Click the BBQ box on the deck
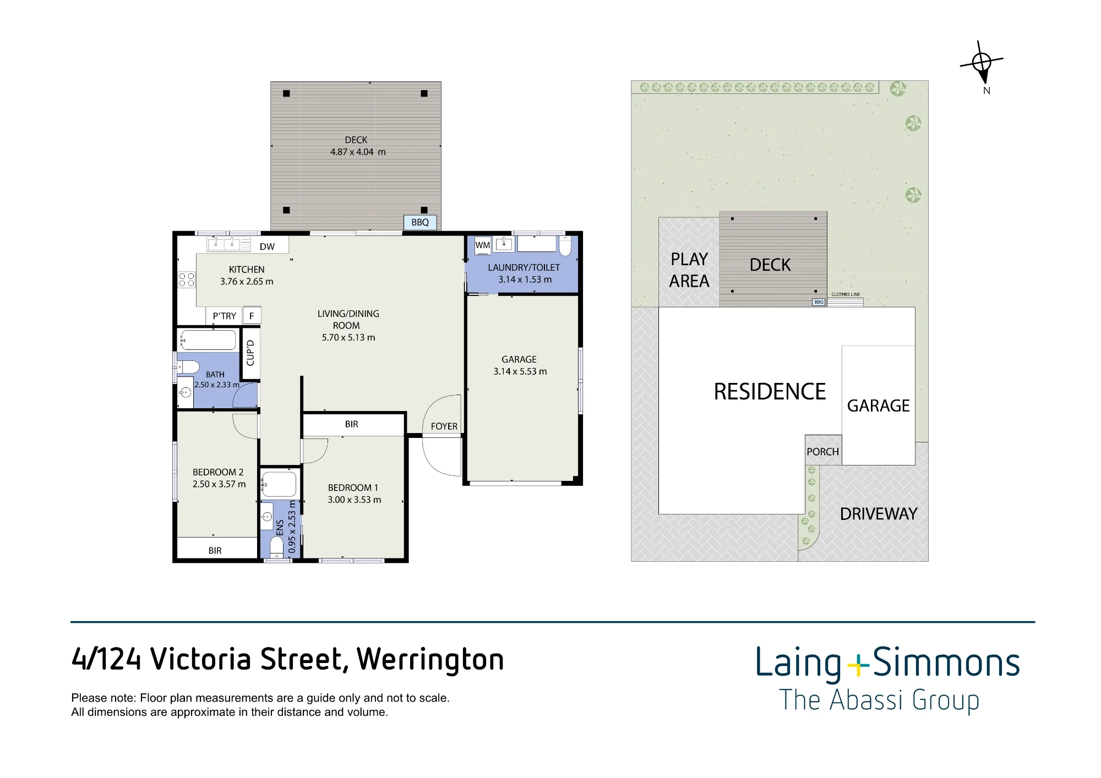[x=421, y=222]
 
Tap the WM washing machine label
[x=483, y=245]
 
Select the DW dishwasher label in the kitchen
[x=267, y=246]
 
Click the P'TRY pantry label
[x=224, y=316]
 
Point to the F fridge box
[x=252, y=315]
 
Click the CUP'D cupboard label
[x=250, y=353]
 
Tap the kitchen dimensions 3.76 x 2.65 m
[x=247, y=282]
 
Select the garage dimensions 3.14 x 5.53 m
[x=520, y=371]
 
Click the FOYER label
[x=444, y=426]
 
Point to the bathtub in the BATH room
[x=208, y=340]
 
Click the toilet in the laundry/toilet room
[x=565, y=245]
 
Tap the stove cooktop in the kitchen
[x=187, y=280]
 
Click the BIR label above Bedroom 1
[x=352, y=424]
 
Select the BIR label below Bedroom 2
[x=215, y=551]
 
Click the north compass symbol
[x=982, y=62]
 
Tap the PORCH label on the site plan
[x=823, y=452]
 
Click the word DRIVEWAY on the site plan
[x=879, y=514]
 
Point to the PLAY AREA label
[x=689, y=270]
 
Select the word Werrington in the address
[x=430, y=660]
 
